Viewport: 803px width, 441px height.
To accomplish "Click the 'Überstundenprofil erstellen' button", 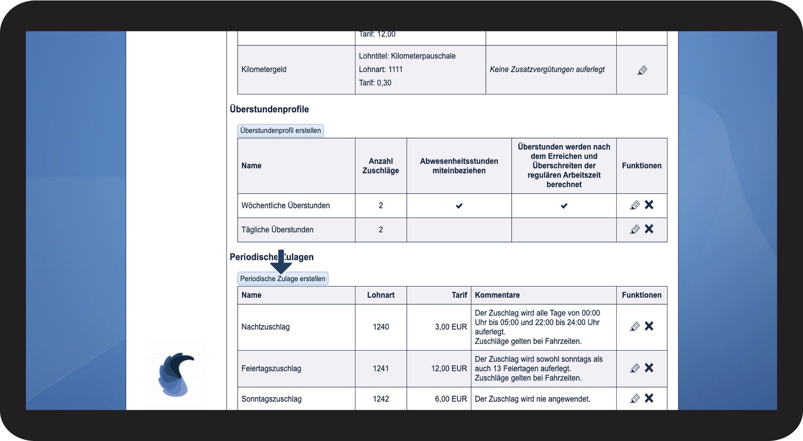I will click(x=280, y=131).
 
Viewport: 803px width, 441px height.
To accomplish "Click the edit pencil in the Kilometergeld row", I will click(x=642, y=70).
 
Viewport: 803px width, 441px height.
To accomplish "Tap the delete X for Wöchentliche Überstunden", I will click(x=649, y=205).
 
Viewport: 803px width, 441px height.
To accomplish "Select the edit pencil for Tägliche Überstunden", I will click(x=635, y=229).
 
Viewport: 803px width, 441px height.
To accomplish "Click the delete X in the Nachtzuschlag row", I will click(x=649, y=326).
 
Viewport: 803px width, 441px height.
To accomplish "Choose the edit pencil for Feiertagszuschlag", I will click(x=635, y=368).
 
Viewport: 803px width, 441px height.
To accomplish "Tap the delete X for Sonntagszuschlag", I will click(x=649, y=398).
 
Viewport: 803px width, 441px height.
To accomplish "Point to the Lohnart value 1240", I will click(x=381, y=327).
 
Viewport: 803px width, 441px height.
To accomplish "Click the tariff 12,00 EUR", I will click(x=449, y=369).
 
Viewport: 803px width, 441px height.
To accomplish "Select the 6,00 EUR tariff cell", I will click(x=451, y=399).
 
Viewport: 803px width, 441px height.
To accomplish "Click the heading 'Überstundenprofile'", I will click(x=269, y=109).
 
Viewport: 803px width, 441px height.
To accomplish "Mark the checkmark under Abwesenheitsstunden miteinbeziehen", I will click(x=459, y=206).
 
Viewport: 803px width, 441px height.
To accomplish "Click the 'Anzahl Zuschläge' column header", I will click(x=381, y=166).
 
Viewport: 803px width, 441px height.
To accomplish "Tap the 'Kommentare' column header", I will click(x=497, y=295).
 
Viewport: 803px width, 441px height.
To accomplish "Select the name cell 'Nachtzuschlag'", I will click(x=265, y=327).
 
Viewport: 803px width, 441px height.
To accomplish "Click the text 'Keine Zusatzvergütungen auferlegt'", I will click(x=547, y=69).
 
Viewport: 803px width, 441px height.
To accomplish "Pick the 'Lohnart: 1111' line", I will click(x=381, y=69).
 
